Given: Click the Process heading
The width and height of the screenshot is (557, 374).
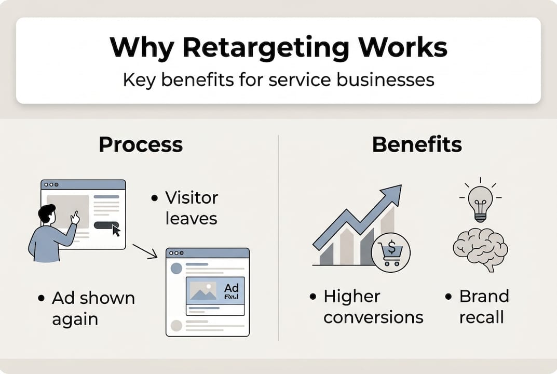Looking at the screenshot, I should tap(141, 144).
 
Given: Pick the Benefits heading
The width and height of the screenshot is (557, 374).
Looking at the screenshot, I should tap(417, 144).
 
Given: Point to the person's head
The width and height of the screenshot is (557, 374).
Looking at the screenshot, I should tap(47, 213).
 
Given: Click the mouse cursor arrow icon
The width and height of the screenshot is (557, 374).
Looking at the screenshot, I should tap(115, 230).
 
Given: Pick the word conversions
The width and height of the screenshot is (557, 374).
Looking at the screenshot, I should tap(373, 317).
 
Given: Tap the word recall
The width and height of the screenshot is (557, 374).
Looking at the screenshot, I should tap(481, 317).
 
